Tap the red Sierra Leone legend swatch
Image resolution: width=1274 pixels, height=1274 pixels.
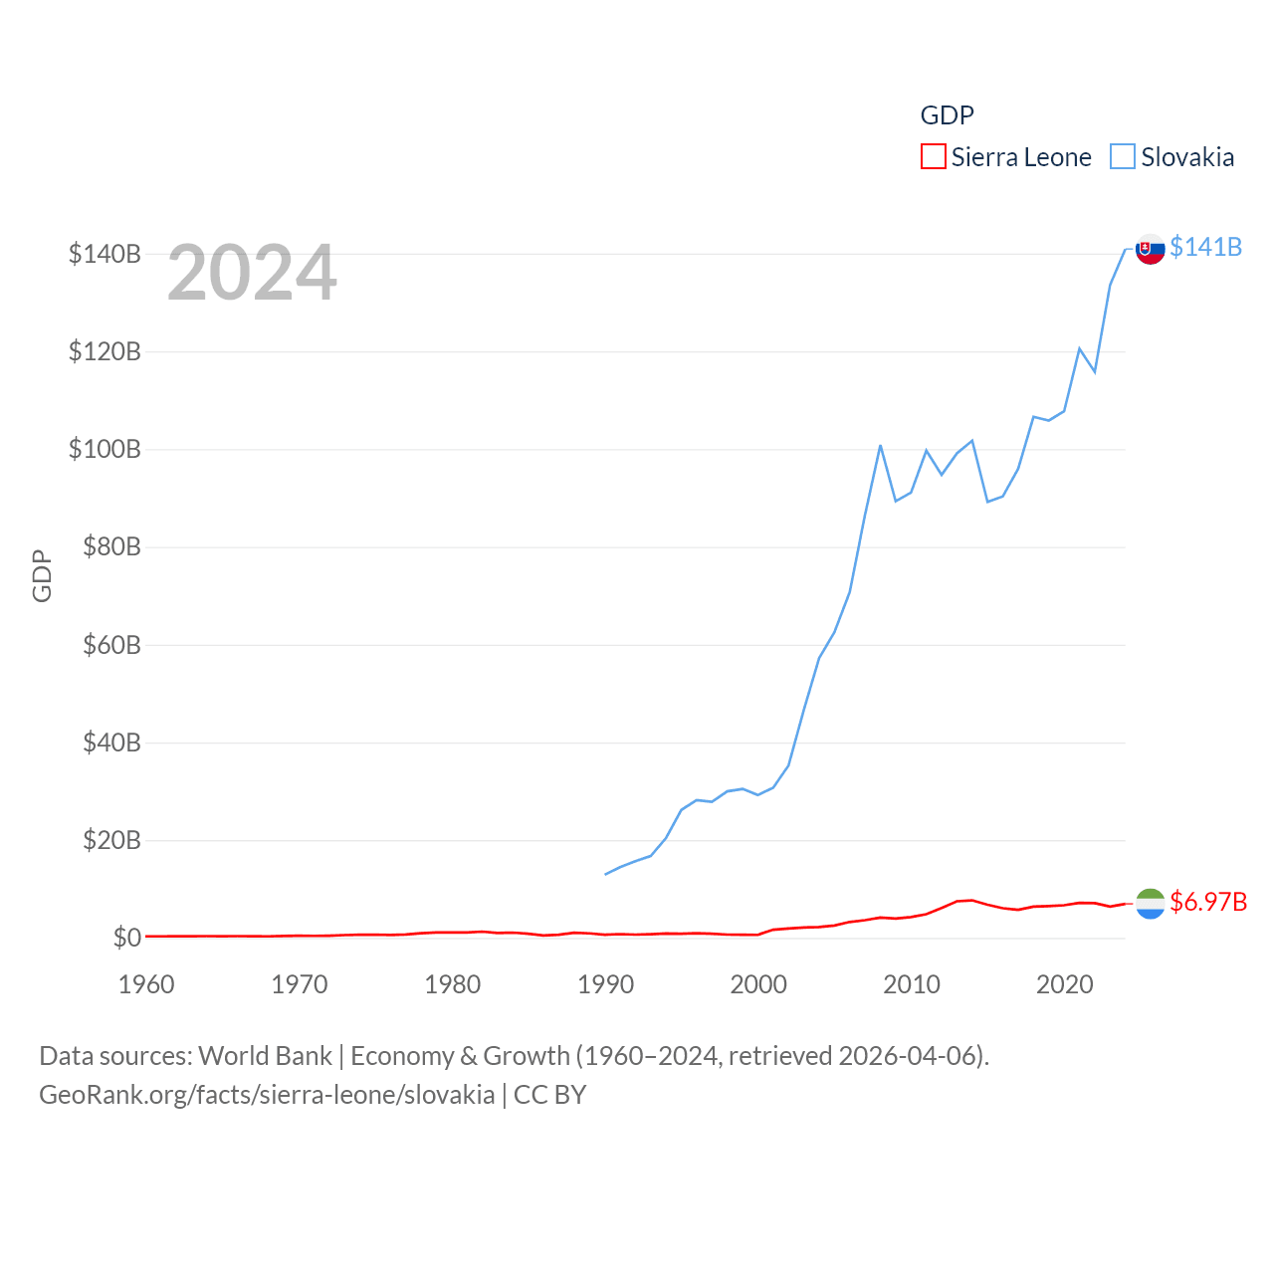coord(933,157)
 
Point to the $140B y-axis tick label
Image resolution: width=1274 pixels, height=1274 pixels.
coord(105,254)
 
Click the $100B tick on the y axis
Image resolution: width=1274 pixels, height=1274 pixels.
coord(105,449)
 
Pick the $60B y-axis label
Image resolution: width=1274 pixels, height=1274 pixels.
coord(111,645)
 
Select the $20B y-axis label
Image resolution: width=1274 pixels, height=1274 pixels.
coord(111,840)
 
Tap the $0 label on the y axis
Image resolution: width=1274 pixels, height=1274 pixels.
coord(127,938)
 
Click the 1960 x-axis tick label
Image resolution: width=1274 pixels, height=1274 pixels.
coord(146,984)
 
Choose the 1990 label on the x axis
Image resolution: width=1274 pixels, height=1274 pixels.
coord(605,984)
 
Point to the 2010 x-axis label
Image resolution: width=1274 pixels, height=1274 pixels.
coord(912,984)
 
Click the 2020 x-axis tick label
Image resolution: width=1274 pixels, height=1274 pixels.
coord(1065,984)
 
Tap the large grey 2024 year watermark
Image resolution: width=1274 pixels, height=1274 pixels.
coord(252,273)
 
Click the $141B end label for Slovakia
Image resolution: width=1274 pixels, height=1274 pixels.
coord(1205,247)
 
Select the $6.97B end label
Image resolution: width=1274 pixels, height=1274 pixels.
coord(1208,902)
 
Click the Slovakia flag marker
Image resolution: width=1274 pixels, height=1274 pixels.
coord(1151,249)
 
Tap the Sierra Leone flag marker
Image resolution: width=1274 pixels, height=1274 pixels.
coord(1151,904)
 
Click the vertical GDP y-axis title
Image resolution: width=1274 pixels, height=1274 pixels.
coord(42,575)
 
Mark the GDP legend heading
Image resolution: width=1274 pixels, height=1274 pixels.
coord(947,115)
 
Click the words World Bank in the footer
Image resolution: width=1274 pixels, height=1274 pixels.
coord(265,1055)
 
